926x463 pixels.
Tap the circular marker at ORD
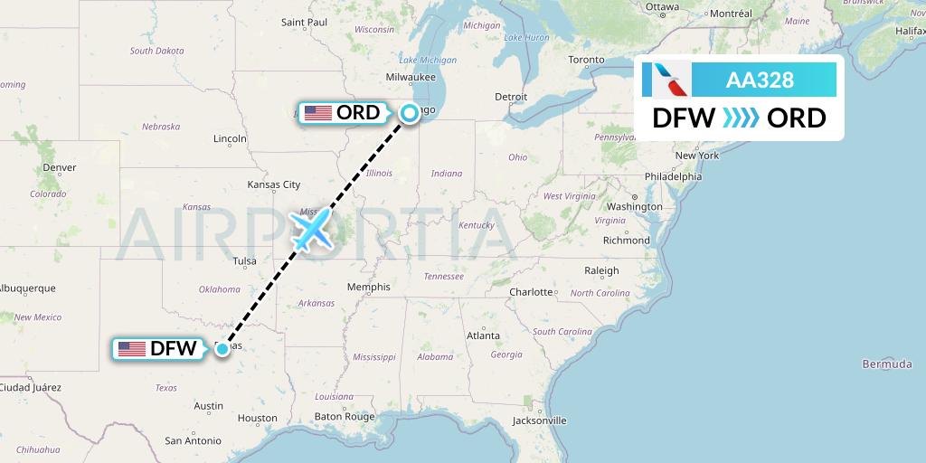(410, 113)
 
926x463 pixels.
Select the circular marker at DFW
(222, 348)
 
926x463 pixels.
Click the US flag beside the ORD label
(317, 113)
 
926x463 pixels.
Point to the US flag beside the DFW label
(132, 348)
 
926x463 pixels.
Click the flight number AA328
(760, 80)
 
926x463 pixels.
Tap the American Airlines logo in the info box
(666, 80)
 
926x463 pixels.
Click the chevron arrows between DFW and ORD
(742, 118)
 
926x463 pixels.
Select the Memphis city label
(368, 287)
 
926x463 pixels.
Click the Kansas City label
(273, 184)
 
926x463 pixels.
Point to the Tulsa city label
(244, 261)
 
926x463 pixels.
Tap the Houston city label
(258, 418)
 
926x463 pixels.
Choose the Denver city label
(59, 167)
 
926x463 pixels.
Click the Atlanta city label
(483, 335)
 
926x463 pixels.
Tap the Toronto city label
(586, 60)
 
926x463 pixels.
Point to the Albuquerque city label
(28, 288)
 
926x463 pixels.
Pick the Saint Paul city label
(304, 22)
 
